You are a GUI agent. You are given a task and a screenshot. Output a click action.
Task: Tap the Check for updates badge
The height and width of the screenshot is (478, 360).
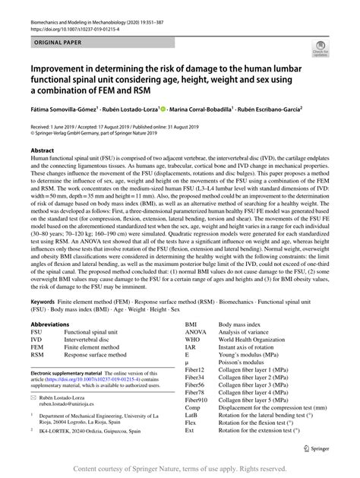[x=320, y=51]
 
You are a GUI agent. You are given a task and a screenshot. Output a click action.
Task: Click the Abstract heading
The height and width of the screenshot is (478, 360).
[x=42, y=150]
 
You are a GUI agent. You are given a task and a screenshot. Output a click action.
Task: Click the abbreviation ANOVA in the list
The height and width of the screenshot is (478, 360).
[x=197, y=332]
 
